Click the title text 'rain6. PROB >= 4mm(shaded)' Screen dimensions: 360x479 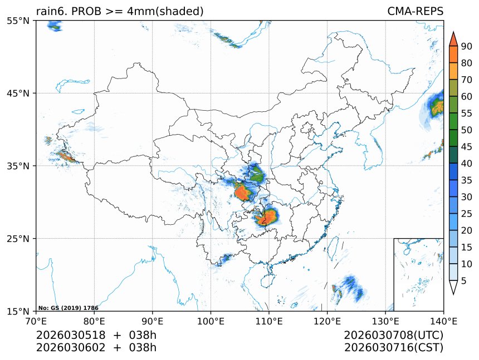tap(119, 11)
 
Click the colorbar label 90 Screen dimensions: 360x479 tap(466, 46)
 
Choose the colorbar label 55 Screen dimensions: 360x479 tap(466, 113)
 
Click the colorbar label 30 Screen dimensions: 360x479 tap(466, 197)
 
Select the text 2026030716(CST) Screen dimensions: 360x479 tap(393, 348)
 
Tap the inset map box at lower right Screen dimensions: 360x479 tap(418, 274)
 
